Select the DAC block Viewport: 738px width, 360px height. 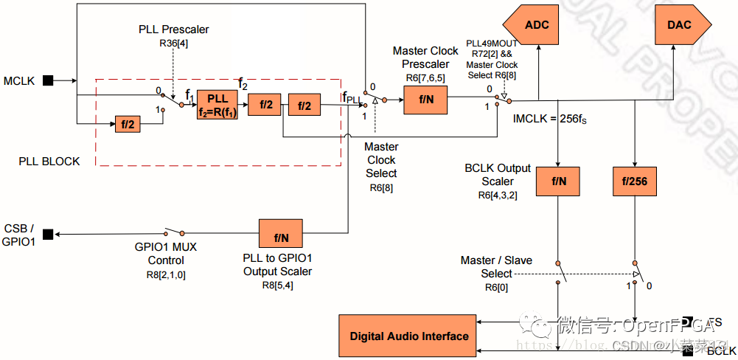tap(682, 24)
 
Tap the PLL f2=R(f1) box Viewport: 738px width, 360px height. tap(217, 105)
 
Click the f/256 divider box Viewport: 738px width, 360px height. tap(634, 181)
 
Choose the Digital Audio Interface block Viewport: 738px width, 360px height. tap(408, 336)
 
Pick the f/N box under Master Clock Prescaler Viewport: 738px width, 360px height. tap(426, 98)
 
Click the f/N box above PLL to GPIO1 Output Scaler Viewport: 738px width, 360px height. tap(281, 238)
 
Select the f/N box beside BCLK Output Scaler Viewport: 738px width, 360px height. tap(558, 181)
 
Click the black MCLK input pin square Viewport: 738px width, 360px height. tap(49, 80)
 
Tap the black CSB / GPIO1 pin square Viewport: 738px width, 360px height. tap(48, 235)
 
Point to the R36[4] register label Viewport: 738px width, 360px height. tap(173, 44)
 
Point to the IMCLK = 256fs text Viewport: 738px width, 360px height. tap(546, 119)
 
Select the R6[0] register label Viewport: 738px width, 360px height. tap(496, 286)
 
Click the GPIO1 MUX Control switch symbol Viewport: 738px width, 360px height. tap(174, 232)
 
